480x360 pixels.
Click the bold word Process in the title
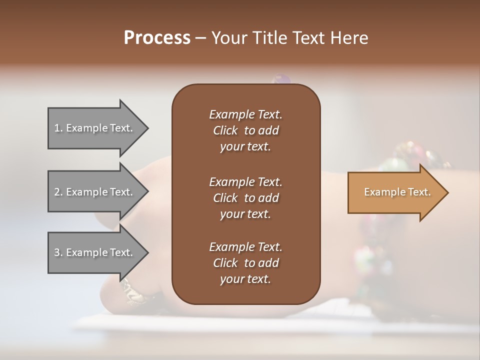(x=157, y=38)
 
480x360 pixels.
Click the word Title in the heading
(x=273, y=38)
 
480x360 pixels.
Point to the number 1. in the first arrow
(x=58, y=128)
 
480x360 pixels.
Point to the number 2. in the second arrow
(x=58, y=192)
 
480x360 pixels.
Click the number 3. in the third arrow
(x=58, y=252)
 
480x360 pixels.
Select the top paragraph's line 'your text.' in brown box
(x=245, y=146)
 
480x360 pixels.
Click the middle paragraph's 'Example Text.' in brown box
(x=245, y=181)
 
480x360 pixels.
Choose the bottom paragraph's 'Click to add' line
(x=245, y=263)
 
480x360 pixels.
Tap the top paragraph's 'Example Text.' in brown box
(x=245, y=114)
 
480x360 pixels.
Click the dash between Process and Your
(x=200, y=38)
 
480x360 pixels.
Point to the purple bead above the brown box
(x=281, y=79)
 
